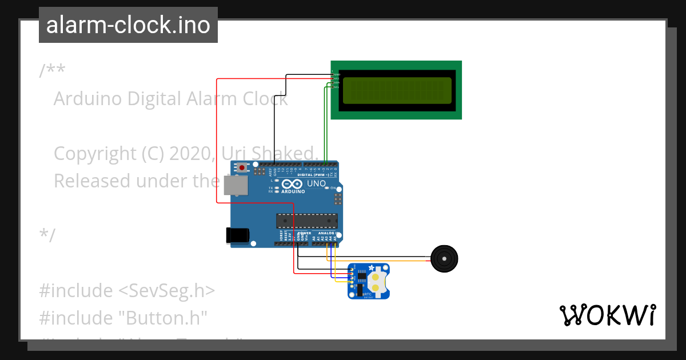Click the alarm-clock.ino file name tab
point(128,26)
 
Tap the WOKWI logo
point(607,315)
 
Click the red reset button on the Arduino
point(242,168)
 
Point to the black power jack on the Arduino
point(237,235)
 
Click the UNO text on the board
point(316,184)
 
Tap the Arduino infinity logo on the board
point(292,185)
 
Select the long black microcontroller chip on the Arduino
point(306,219)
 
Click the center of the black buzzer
point(444,259)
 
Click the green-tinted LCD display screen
point(396,90)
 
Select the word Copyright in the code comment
point(92,154)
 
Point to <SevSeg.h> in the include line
point(166,291)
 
